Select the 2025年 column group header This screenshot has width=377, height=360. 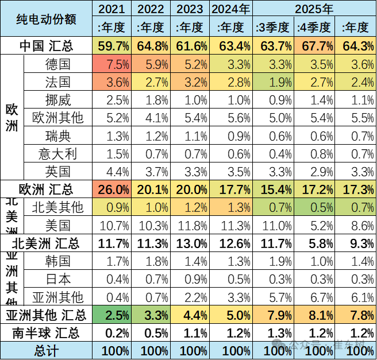[314, 9]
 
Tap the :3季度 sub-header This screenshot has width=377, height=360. [273, 27]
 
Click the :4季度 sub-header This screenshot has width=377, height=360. [313, 27]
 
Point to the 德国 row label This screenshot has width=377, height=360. [57, 64]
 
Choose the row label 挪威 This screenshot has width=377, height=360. [57, 99]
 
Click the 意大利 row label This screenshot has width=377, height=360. [57, 153]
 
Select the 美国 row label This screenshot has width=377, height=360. [57, 224]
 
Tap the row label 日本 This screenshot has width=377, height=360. [57, 278]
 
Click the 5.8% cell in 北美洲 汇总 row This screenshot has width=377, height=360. [313, 243]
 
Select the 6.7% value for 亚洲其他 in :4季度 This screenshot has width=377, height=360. [313, 296]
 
